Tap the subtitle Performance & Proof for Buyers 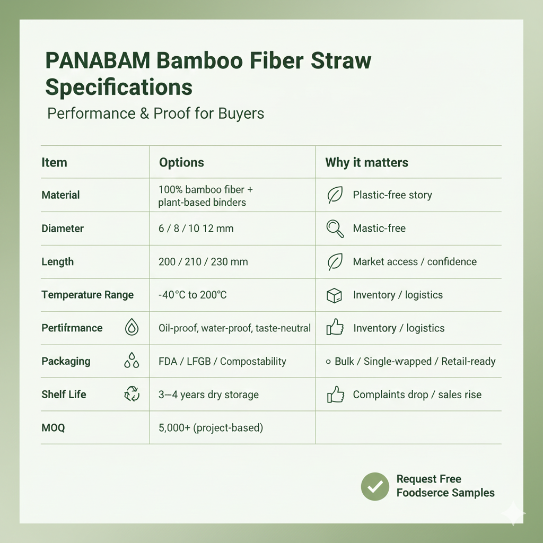click(x=155, y=113)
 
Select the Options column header click(x=181, y=162)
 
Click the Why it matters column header click(x=366, y=162)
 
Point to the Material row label click(x=60, y=195)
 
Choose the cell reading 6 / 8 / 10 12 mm click(x=196, y=229)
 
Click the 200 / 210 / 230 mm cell click(x=203, y=261)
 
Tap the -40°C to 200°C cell click(x=192, y=295)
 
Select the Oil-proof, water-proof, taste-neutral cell click(x=234, y=328)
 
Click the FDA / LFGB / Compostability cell click(x=222, y=362)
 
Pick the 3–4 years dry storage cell click(x=208, y=395)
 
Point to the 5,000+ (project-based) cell click(x=211, y=427)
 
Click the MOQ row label click(x=53, y=427)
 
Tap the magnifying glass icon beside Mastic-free click(x=335, y=229)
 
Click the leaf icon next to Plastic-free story click(x=335, y=195)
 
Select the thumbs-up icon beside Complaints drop click(x=335, y=395)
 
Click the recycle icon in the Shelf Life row click(x=132, y=395)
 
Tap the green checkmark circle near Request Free click(x=375, y=486)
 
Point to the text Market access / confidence click(x=415, y=261)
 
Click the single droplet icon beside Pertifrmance click(x=132, y=328)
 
